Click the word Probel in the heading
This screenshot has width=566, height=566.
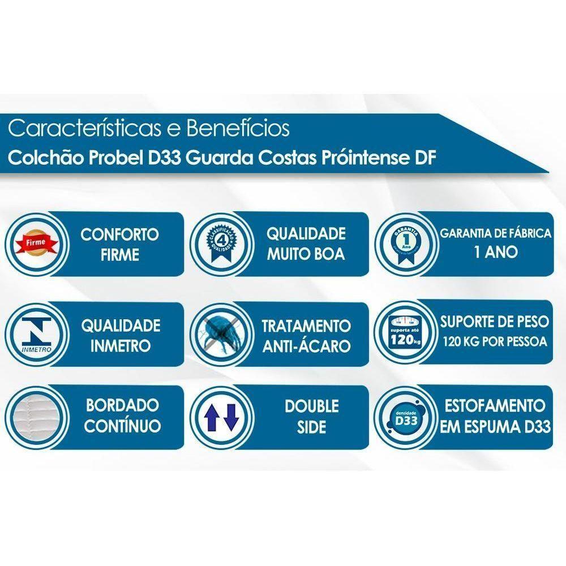point(113,157)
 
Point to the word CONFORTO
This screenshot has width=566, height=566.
point(119,234)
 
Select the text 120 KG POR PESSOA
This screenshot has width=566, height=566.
point(495,342)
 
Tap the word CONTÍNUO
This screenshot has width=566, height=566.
point(122,426)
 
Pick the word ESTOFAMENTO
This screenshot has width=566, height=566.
point(495,406)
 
